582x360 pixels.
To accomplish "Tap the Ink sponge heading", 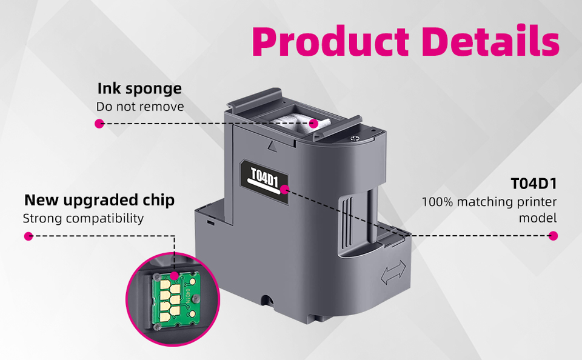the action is (x=139, y=88).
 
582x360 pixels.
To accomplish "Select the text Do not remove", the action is (x=139, y=107).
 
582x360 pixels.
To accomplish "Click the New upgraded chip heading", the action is (x=99, y=199).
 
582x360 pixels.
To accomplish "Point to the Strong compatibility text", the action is (x=83, y=218).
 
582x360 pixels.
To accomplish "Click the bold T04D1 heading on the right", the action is (x=533, y=184).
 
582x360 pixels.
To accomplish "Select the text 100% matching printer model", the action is (x=489, y=209).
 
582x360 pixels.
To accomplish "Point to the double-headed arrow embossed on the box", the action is (x=392, y=275).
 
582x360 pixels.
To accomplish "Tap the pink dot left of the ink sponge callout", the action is (x=99, y=123).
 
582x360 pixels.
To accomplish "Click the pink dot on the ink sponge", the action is (x=313, y=123).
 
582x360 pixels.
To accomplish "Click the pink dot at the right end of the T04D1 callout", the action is (x=553, y=236).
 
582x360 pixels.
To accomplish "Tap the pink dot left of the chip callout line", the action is (x=28, y=236).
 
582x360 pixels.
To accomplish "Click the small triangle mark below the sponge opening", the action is (x=271, y=145).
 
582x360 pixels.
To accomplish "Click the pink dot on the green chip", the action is (x=175, y=276).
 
